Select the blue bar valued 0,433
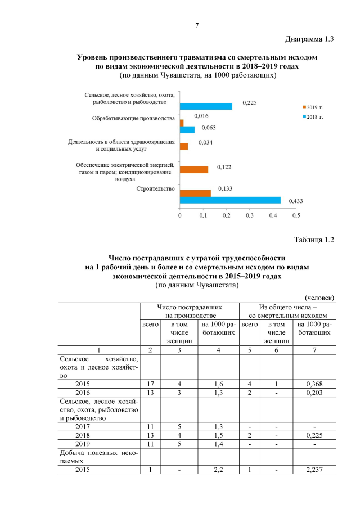coord(230,200)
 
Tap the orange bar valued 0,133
coord(195,193)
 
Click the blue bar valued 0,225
coord(206,106)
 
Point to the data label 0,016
coord(201,116)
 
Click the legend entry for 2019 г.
coord(314,107)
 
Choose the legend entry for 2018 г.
coord(314,116)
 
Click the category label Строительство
coord(156,188)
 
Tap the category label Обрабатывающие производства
coord(133,119)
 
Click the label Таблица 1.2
coord(314,240)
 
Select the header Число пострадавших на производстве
coord(189,312)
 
